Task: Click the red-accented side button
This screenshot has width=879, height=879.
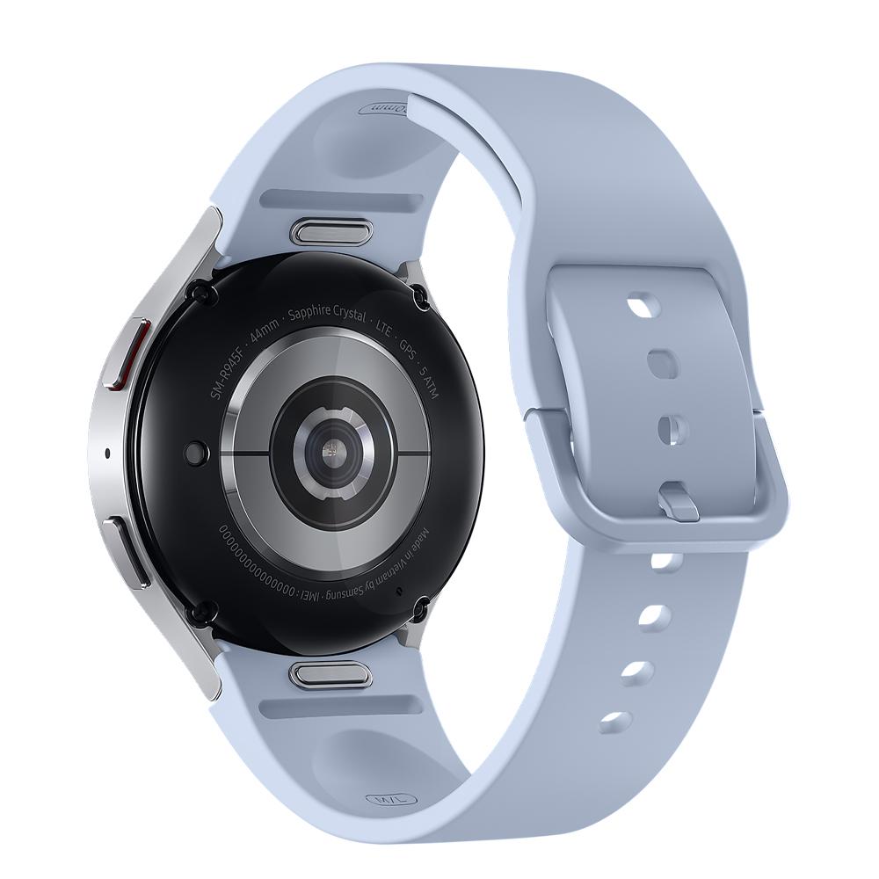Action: [x=125, y=353]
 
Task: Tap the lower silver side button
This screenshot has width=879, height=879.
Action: [x=126, y=550]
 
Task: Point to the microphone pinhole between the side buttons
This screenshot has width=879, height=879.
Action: [x=107, y=454]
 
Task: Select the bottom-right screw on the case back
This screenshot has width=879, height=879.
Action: [x=419, y=607]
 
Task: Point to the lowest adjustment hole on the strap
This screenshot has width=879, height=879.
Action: [x=615, y=723]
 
